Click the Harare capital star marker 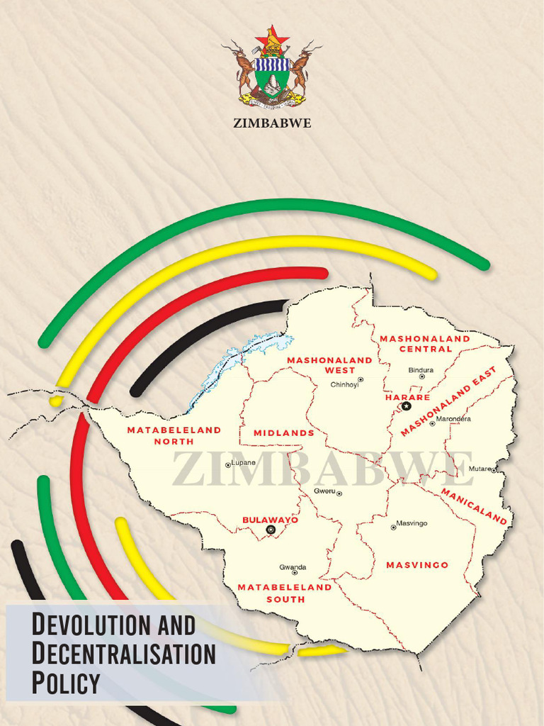point(406,406)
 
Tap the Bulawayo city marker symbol point(270,530)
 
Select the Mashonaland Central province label point(425,344)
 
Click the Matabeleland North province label point(174,435)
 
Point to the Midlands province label point(283,432)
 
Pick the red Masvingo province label point(417,565)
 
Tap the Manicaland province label point(474,506)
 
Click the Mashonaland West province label point(329,364)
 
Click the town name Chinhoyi point(345,385)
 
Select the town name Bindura point(421,370)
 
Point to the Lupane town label point(243,463)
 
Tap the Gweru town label point(324,491)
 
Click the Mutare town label point(480,469)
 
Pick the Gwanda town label point(293,567)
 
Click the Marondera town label point(453,419)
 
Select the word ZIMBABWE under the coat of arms point(272,123)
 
